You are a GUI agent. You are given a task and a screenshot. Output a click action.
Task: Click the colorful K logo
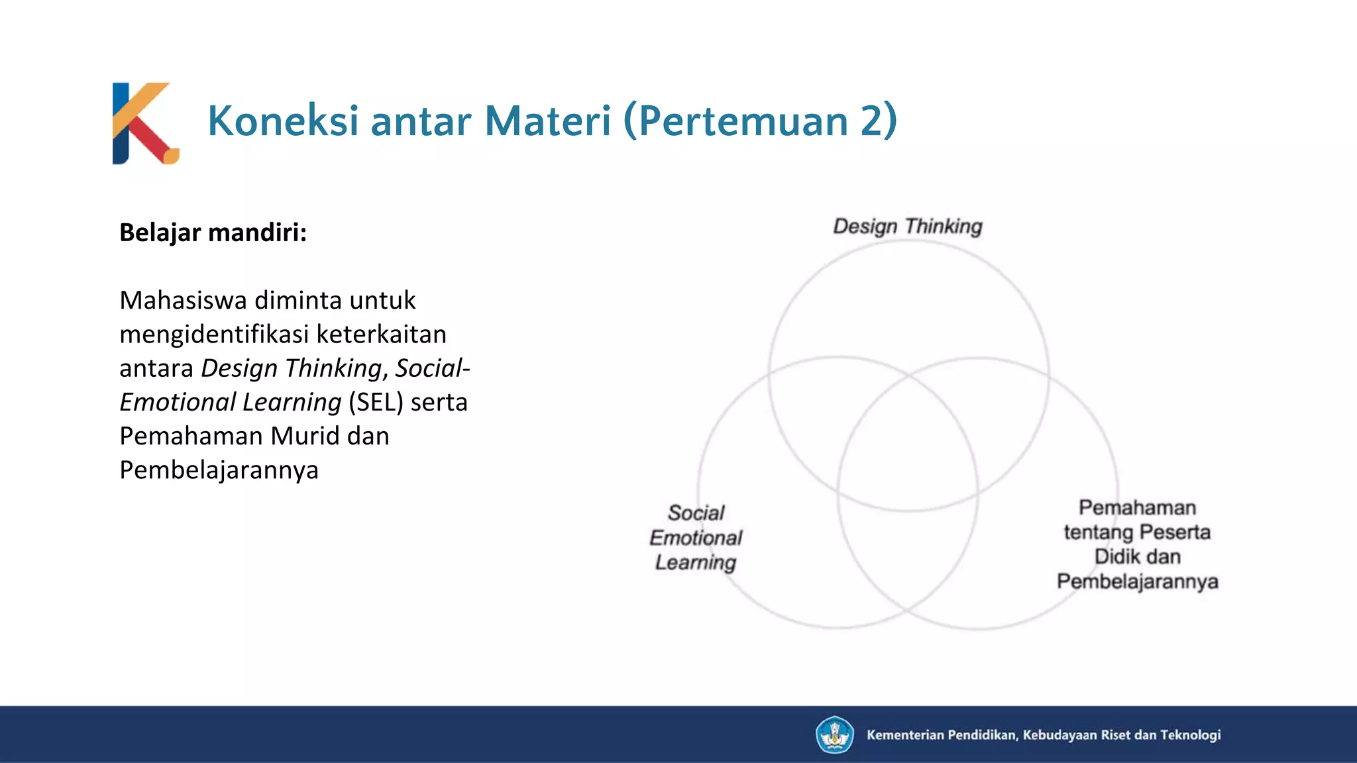pos(145,123)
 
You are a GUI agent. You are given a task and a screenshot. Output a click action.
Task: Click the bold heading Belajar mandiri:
pos(213,232)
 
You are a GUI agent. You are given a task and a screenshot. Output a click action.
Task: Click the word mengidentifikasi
pos(213,334)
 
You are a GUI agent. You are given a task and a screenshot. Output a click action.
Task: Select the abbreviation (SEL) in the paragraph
pos(376,402)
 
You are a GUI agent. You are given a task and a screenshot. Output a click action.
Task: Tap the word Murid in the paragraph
pos(306,436)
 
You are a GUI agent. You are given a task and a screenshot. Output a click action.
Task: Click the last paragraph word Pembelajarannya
pos(219,470)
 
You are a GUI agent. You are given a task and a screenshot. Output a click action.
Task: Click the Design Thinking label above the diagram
pos(907,227)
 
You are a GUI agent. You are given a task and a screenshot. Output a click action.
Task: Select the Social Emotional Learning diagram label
pos(696,537)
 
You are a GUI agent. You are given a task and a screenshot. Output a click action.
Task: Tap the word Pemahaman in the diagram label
pos(1137,508)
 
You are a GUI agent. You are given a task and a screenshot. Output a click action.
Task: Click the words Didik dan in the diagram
pos(1137,556)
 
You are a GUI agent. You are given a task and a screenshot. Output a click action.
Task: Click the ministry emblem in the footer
pos(834,735)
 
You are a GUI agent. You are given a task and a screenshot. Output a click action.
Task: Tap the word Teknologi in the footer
pos(1190,735)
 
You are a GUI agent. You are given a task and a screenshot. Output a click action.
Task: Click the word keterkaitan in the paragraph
pos(381,334)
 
